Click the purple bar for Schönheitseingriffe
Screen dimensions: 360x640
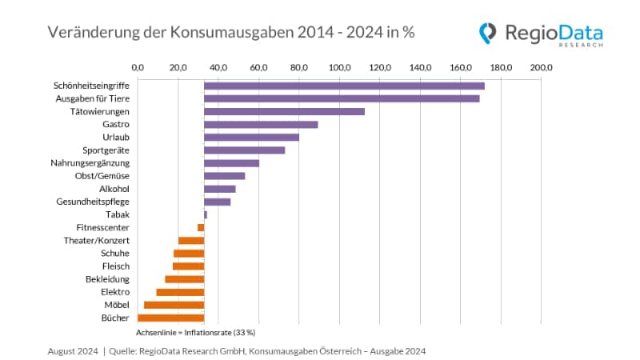pos(344,86)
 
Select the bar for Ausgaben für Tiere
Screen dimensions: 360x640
pos(342,98)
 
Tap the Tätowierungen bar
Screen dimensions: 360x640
pos(284,111)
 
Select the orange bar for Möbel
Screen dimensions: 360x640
pos(174,305)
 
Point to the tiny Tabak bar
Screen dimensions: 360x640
pos(206,214)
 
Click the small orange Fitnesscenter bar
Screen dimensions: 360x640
pos(201,227)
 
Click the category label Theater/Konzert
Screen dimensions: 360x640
pos(97,240)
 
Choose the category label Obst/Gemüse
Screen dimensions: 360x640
pos(104,176)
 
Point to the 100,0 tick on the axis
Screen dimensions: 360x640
pos(339,66)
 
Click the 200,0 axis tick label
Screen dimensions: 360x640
pos(541,66)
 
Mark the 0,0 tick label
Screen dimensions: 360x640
pos(138,66)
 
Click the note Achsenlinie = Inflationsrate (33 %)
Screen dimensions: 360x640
pos(195,331)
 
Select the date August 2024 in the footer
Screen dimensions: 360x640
pos(73,350)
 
